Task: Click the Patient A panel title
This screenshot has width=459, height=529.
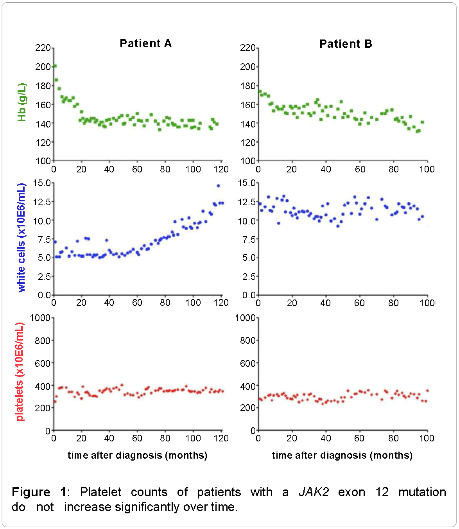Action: tap(145, 43)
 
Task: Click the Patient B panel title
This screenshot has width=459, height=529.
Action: tap(346, 44)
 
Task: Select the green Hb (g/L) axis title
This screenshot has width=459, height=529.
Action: tap(22, 102)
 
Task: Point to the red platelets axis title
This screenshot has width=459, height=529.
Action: tap(20, 372)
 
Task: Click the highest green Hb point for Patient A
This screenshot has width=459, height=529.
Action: tap(55, 66)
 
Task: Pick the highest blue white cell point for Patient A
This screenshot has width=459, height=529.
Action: tap(218, 186)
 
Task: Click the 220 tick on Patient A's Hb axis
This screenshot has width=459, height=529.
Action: tap(43, 48)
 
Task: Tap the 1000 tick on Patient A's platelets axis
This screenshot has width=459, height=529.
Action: tap(41, 318)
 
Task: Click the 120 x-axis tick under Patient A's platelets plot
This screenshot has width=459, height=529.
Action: tap(221, 438)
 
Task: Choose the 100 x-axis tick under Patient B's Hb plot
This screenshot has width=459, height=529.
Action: tap(427, 169)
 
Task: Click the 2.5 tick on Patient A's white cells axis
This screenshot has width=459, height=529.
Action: tap(44, 276)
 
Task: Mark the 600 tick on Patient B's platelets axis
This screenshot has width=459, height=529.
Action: tap(247, 363)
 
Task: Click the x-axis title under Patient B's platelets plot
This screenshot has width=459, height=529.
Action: tap(342, 455)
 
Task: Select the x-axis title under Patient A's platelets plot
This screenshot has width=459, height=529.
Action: tap(137, 455)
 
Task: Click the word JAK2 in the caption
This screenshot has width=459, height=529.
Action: tap(314, 492)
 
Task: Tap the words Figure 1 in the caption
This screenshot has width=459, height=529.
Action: tap(39, 492)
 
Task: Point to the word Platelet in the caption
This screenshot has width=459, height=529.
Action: tap(101, 492)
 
